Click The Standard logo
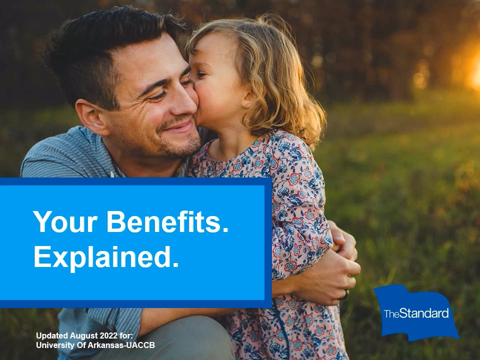(x=416, y=312)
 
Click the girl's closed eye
(x=200, y=74)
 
